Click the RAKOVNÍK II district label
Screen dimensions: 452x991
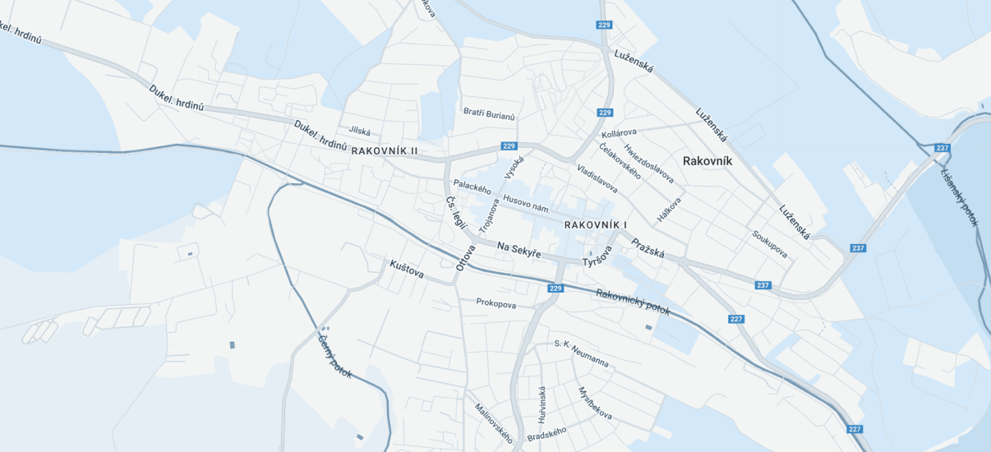click(x=385, y=151)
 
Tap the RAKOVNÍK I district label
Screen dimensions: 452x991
click(x=596, y=224)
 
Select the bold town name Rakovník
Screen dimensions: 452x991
click(x=707, y=161)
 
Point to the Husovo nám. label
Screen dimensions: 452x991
click(x=526, y=204)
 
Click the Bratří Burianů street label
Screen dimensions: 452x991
click(x=489, y=114)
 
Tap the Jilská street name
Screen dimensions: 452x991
click(x=360, y=131)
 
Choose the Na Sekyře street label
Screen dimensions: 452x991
click(x=519, y=250)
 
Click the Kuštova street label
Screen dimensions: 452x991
click(x=407, y=269)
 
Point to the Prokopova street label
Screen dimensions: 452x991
click(x=496, y=304)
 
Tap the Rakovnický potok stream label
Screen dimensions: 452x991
click(x=633, y=303)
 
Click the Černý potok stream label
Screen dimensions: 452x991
click(x=334, y=354)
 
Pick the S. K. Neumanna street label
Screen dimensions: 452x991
click(x=581, y=353)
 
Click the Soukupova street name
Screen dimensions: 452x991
click(x=769, y=244)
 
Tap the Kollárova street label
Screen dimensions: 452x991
click(x=620, y=132)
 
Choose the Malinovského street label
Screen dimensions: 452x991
click(x=494, y=422)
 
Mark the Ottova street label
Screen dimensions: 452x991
click(x=466, y=257)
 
